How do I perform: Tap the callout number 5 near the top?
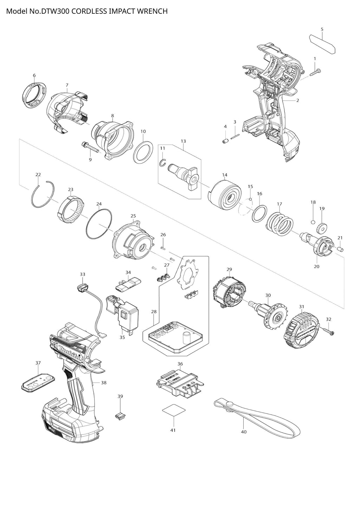(322, 29)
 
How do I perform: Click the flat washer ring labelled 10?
(143, 152)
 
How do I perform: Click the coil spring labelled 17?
(279, 224)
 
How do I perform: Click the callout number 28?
(154, 312)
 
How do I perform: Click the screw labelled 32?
(328, 331)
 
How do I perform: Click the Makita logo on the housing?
(70, 353)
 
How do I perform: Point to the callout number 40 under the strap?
(244, 432)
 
